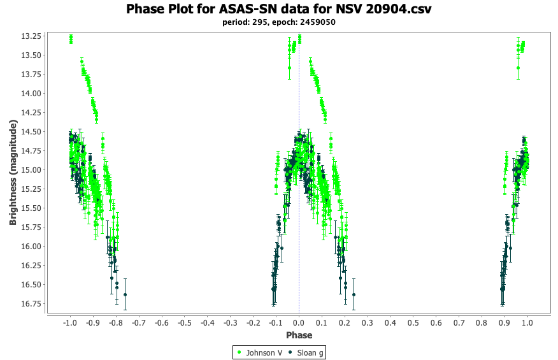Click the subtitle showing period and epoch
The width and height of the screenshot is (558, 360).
coord(278,22)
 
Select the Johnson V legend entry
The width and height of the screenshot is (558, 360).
coord(260,352)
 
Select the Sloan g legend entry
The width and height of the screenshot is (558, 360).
coord(306,352)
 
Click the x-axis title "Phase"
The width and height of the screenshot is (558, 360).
coord(299,335)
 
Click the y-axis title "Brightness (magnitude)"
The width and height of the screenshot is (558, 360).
coord(13,173)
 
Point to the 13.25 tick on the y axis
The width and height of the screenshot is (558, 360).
coord(31,36)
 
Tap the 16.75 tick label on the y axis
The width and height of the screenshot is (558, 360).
coord(31,304)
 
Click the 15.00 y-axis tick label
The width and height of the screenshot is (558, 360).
coord(31,170)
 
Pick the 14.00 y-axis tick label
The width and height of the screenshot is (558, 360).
coord(31,93)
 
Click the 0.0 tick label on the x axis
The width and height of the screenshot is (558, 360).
coord(299,323)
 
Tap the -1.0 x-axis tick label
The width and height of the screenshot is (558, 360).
coord(70,323)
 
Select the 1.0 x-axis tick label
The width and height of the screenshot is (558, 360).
coord(527,323)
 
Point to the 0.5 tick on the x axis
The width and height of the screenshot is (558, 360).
coord(413,323)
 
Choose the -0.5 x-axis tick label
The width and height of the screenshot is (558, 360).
coord(184,323)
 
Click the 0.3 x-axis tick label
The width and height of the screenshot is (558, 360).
coord(368,323)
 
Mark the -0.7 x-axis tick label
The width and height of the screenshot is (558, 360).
coord(139,323)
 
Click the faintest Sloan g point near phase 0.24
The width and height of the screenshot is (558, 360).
coord(354,294)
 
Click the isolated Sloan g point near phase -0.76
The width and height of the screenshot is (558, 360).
coord(125,294)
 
